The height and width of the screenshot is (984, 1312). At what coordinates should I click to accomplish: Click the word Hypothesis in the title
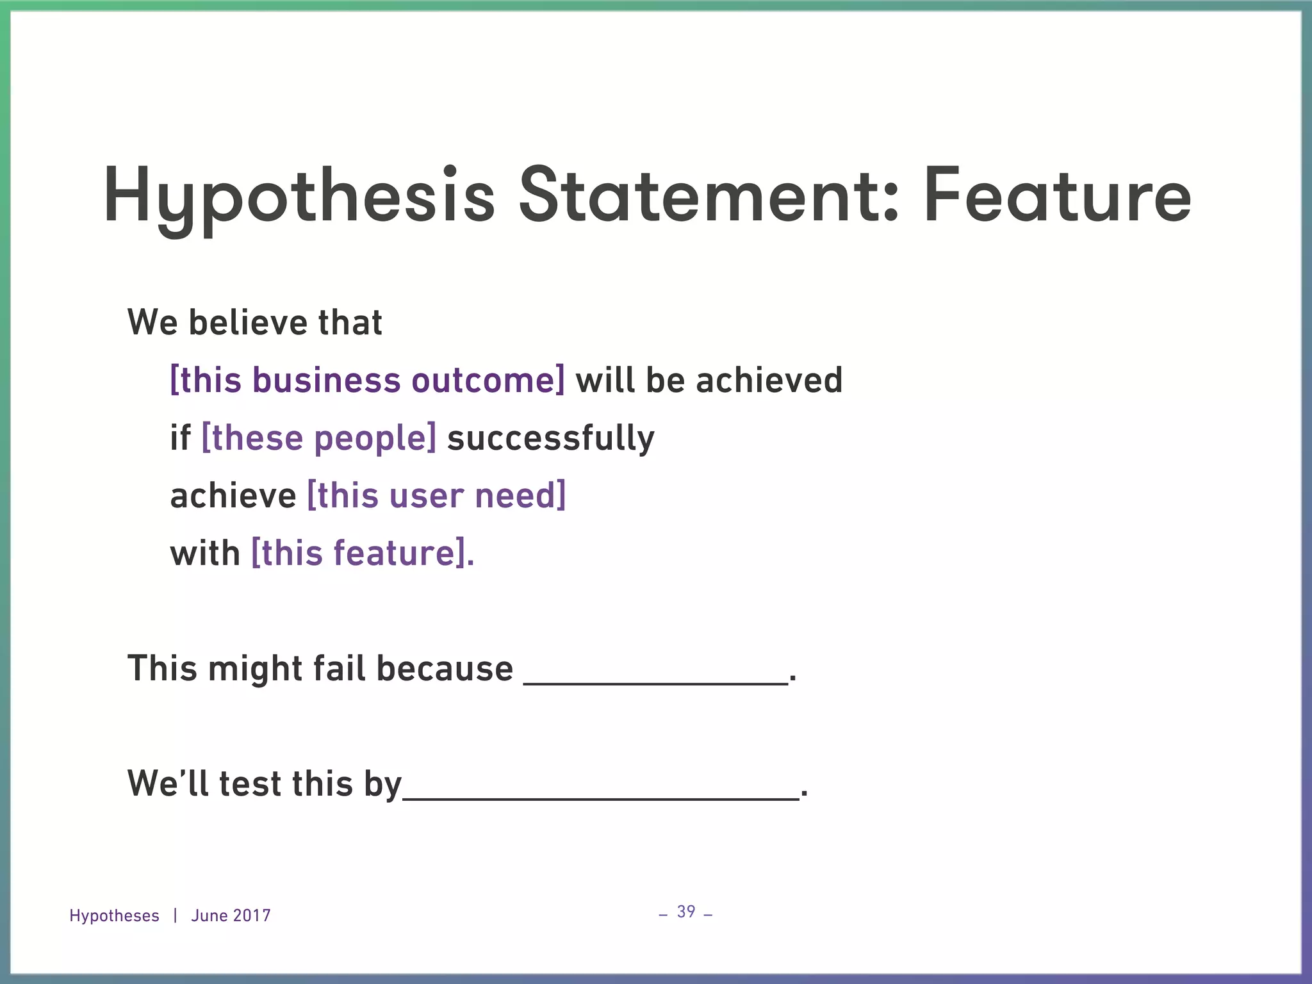point(299,196)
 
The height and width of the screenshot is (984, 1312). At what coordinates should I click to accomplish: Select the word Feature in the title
point(1057,196)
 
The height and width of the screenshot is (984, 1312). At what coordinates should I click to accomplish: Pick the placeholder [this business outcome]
point(368,380)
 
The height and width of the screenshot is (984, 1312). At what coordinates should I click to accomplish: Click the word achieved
point(769,380)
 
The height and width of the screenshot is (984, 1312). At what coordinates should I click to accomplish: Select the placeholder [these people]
point(319,438)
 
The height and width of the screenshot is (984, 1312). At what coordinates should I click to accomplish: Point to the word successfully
point(551,438)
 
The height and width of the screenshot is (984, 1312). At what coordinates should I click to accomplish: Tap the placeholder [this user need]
point(437,496)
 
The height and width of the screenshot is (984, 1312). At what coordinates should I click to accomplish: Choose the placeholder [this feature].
point(363,553)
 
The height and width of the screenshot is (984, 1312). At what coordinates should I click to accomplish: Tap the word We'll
point(169,784)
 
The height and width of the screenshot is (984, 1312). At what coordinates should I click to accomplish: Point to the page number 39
point(686,912)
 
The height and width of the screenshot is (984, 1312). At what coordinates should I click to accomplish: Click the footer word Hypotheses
point(114,915)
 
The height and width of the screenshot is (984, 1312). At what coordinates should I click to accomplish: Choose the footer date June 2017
point(231,915)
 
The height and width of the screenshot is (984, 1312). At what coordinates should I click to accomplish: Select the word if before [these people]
point(180,438)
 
